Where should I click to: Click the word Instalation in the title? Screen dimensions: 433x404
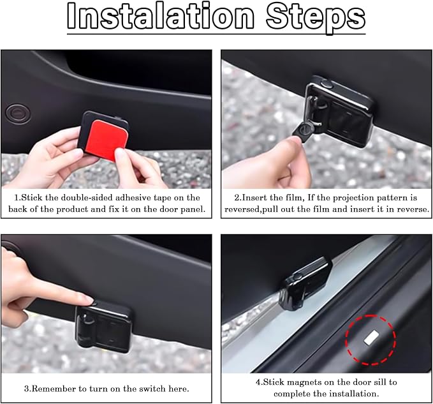161,16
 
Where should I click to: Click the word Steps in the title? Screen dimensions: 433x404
316,18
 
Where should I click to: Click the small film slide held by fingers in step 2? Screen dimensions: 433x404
302,131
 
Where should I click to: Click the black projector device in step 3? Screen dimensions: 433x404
103,327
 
